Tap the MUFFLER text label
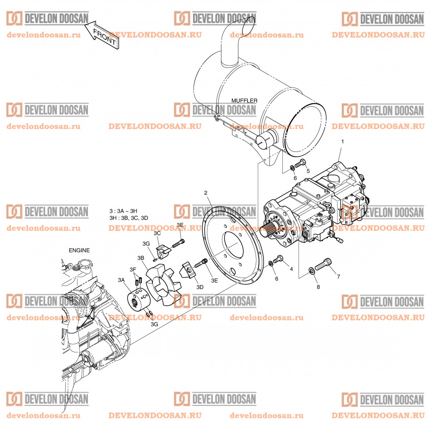(x=244, y=101)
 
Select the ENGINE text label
(x=79, y=250)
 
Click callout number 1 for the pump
(x=342, y=142)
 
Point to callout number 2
(x=205, y=193)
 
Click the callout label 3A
(x=121, y=280)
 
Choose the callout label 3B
(x=141, y=257)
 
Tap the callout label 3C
(x=158, y=233)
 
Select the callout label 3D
(x=200, y=287)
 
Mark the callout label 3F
(x=133, y=269)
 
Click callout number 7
(x=338, y=277)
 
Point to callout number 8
(x=318, y=287)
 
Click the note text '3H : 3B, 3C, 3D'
(x=129, y=218)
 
